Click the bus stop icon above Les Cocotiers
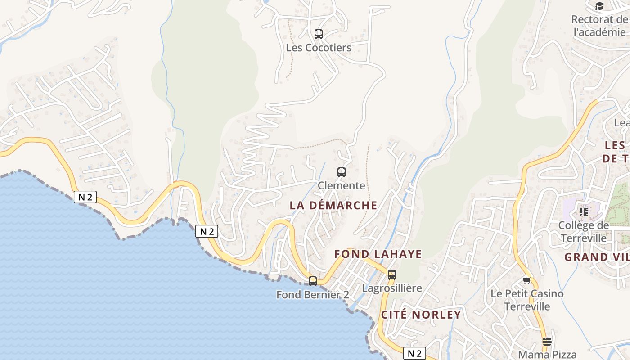319,34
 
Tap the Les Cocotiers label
319,47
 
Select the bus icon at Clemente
342,172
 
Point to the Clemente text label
342,185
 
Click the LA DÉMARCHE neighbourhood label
333,205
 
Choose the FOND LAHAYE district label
378,254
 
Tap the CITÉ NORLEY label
421,315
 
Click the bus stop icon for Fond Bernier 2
313,281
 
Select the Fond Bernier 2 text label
313,295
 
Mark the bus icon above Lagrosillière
392,274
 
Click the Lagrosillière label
392,288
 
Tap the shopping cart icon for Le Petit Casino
527,280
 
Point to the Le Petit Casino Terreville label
527,300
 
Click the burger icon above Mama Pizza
547,342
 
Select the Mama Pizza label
547,355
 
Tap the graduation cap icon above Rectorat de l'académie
599,6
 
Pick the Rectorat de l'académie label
599,26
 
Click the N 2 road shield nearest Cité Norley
414,354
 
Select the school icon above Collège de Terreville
584,211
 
